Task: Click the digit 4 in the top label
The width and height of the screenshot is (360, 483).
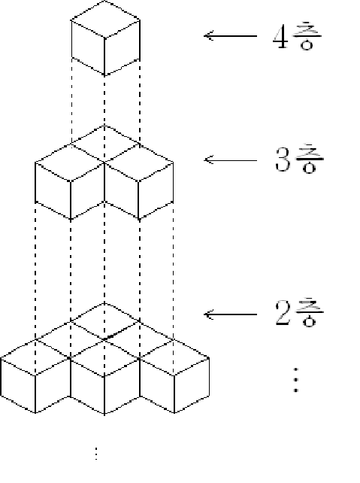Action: [280, 37]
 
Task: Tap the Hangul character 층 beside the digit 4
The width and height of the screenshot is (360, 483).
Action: [307, 35]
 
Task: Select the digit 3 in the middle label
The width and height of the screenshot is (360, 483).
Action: [283, 159]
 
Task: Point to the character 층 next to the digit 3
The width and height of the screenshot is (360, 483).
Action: [309, 159]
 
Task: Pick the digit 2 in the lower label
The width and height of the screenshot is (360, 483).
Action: [283, 313]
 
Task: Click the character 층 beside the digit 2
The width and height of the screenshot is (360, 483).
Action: [309, 312]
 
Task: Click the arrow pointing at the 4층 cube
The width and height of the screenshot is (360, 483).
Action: [230, 36]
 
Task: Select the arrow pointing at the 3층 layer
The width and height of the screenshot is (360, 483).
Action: [230, 159]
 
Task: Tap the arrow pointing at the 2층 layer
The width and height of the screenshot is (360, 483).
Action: [230, 314]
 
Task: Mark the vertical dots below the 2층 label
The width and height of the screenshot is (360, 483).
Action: [295, 379]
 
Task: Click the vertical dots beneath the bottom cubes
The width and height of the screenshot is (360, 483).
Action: [96, 454]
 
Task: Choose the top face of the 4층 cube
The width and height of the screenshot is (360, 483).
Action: [105, 20]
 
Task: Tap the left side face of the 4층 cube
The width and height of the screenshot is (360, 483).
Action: [88, 47]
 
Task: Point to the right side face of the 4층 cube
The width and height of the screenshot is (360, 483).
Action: [123, 47]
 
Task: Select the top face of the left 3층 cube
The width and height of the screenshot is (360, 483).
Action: [70, 162]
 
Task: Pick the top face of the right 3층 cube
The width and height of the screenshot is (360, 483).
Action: [139, 162]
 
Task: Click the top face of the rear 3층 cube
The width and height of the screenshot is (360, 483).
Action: [105, 143]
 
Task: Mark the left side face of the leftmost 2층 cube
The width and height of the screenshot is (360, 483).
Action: [18, 385]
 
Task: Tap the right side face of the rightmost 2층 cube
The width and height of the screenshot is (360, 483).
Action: [192, 385]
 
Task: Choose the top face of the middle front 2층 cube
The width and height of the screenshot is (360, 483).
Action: [105, 358]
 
